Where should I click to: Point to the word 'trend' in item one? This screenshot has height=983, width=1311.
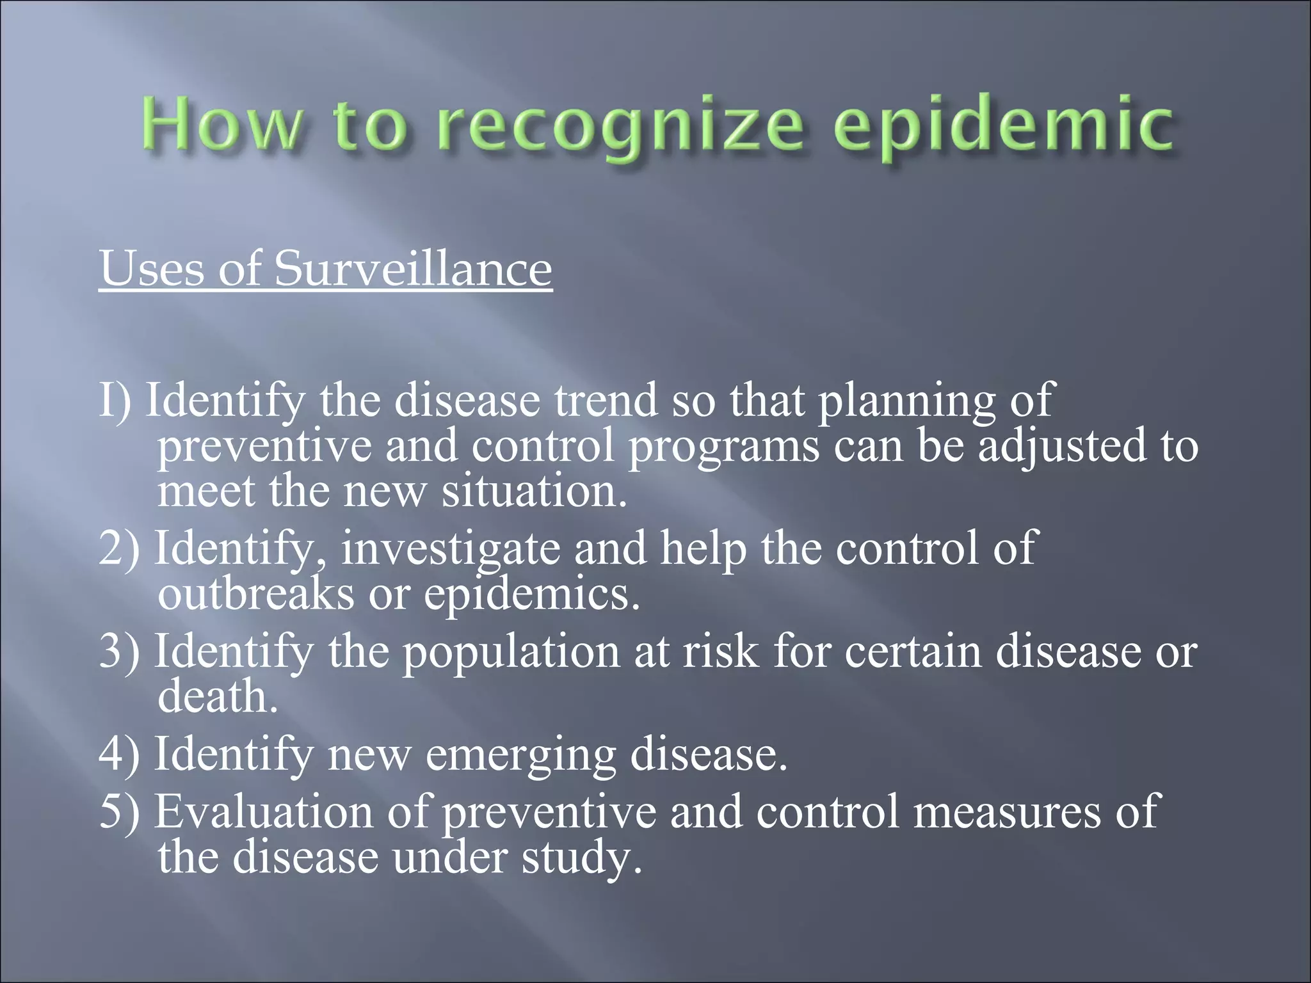(606, 400)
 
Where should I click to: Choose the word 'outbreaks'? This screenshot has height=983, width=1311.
(255, 594)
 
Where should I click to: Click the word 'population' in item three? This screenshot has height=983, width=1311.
(510, 651)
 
